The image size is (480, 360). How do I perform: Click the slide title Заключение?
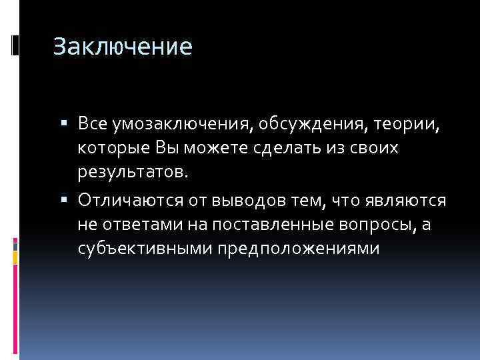123,47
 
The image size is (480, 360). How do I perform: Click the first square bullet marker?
69,124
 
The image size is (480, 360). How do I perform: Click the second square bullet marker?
69,201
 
